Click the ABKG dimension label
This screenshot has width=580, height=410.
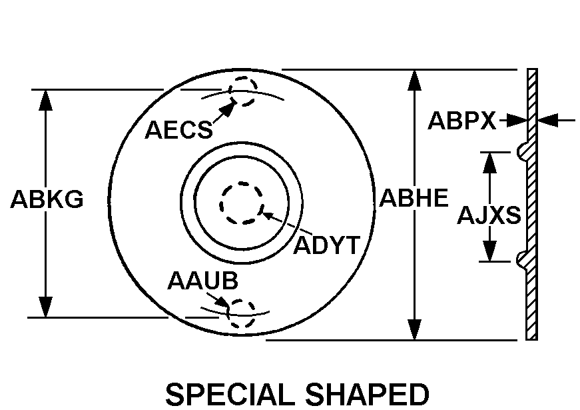pyautogui.click(x=47, y=199)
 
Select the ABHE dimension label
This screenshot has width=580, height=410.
pyautogui.click(x=414, y=197)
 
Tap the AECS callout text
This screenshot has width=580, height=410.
pyautogui.click(x=178, y=130)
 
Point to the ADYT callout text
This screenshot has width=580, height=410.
pyautogui.click(x=326, y=245)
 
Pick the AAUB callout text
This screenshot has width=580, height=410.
pyautogui.click(x=202, y=281)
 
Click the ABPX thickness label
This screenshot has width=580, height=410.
pyautogui.click(x=461, y=121)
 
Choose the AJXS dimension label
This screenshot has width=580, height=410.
pyautogui.click(x=489, y=215)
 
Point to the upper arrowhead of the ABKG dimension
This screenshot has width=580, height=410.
pyautogui.click(x=45, y=100)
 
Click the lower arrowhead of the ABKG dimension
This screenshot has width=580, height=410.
pyautogui.click(x=45, y=307)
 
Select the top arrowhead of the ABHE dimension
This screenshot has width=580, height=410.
pyautogui.click(x=414, y=80)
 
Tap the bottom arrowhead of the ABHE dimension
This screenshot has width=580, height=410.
pyautogui.click(x=414, y=329)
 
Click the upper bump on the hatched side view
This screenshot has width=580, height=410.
pyautogui.click(x=522, y=151)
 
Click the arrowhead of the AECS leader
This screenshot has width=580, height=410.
pyautogui.click(x=228, y=107)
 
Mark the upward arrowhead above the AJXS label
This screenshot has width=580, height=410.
pyautogui.click(x=489, y=163)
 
